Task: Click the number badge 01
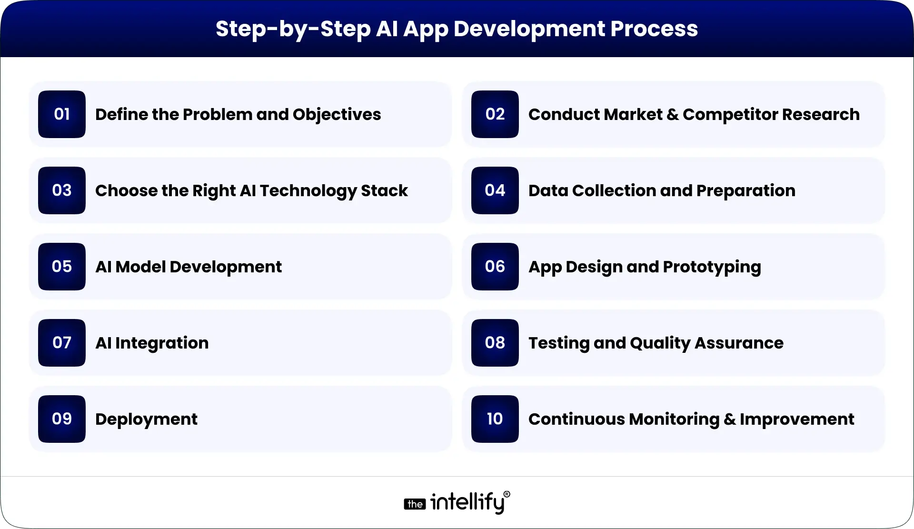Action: (x=62, y=114)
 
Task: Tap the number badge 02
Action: (x=495, y=114)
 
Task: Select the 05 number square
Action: (x=62, y=267)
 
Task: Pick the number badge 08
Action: (x=495, y=343)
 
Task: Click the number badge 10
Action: (x=495, y=419)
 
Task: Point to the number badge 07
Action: (x=62, y=343)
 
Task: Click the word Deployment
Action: (x=146, y=419)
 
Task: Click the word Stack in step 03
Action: (x=384, y=190)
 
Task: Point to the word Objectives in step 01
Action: (x=337, y=115)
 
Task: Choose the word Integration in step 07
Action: (x=162, y=343)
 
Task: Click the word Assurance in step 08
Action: (x=739, y=343)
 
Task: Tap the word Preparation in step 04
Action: (x=745, y=191)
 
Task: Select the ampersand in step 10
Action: (x=730, y=419)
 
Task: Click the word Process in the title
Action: (x=654, y=29)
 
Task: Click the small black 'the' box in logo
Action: (x=415, y=504)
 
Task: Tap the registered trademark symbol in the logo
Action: (x=507, y=495)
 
